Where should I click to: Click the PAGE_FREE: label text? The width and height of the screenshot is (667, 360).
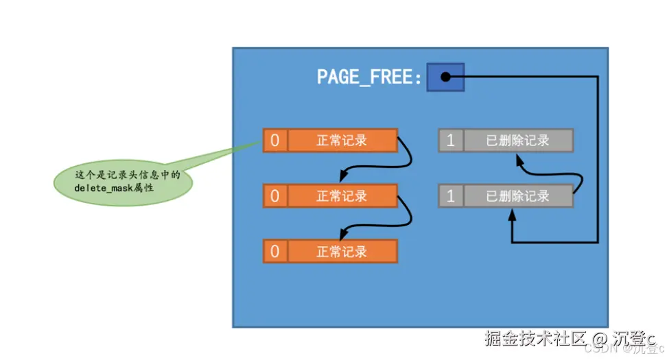pyautogui.click(x=369, y=77)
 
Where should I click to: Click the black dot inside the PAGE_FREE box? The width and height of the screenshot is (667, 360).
pyautogui.click(x=445, y=77)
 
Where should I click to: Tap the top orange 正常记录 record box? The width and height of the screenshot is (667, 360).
pyautogui.click(x=342, y=141)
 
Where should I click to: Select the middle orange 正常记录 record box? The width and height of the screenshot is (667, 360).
pyautogui.click(x=342, y=196)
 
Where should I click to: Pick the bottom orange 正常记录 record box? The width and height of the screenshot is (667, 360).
pyautogui.click(x=342, y=251)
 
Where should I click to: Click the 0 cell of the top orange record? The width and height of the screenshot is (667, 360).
pyautogui.click(x=274, y=141)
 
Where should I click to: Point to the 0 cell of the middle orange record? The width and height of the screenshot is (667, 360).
pyautogui.click(x=274, y=196)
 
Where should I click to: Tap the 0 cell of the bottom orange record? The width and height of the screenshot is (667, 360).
pyautogui.click(x=274, y=251)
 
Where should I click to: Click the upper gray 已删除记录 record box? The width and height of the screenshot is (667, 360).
pyautogui.click(x=518, y=141)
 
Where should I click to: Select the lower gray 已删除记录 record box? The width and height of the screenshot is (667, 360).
pyautogui.click(x=518, y=196)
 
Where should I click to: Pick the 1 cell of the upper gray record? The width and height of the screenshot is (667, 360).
pyautogui.click(x=451, y=141)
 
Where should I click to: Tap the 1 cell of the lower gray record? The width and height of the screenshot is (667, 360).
pyautogui.click(x=451, y=196)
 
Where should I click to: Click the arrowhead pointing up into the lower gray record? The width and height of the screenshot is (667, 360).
pyautogui.click(x=512, y=215)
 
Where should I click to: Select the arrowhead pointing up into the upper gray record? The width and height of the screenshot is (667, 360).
pyautogui.click(x=517, y=158)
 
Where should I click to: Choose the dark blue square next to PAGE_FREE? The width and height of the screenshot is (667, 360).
pyautogui.click(x=445, y=77)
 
